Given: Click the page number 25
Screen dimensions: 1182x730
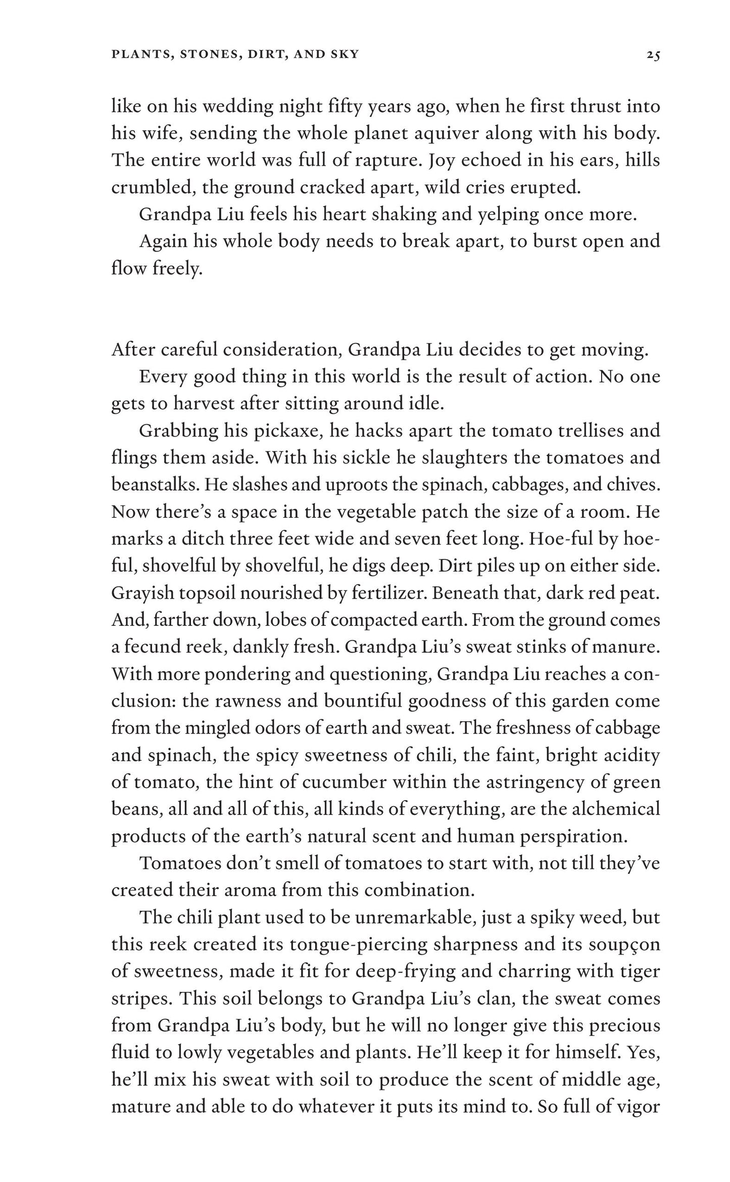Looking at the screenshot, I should tap(653, 55).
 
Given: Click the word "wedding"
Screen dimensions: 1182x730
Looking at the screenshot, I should tap(230, 107).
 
